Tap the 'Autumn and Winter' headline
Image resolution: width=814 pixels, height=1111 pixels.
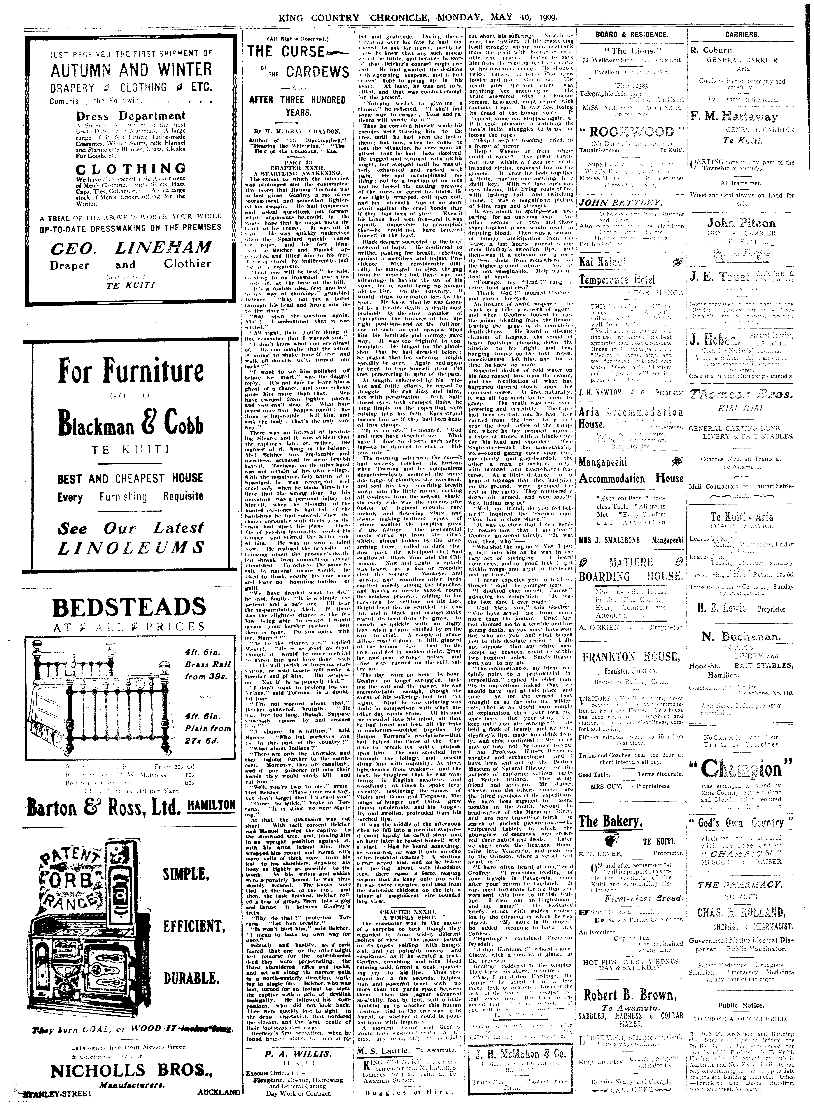pyautogui.click(x=131, y=70)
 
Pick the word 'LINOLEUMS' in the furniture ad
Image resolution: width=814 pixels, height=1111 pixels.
pyautogui.click(x=131, y=547)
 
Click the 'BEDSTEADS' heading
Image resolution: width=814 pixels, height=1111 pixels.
pyautogui.click(x=129, y=607)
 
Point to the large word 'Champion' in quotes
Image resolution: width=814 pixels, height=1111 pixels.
pyautogui.click(x=742, y=768)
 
